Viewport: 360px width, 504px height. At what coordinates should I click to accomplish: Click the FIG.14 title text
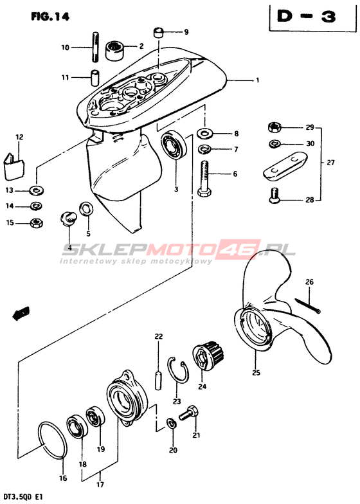point(50,17)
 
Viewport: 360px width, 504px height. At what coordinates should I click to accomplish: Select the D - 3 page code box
point(312,17)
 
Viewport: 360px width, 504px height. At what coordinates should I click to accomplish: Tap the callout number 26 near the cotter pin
point(309,282)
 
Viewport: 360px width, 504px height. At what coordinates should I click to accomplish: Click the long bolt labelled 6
point(204,179)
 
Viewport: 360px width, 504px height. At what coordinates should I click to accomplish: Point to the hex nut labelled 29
point(274,127)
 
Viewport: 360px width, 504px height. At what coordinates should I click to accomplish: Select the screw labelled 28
point(274,195)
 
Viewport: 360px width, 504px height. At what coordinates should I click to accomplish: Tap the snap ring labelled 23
point(178,370)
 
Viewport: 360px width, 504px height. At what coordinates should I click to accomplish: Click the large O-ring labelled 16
point(53,440)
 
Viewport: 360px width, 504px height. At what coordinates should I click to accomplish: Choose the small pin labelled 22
point(158,381)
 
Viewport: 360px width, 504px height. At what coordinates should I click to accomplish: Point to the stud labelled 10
point(95,47)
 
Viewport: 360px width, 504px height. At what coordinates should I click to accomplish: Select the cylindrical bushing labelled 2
point(114,51)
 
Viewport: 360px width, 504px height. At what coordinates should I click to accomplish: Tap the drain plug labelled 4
point(68,219)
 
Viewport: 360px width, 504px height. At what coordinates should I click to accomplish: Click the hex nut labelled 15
point(36,222)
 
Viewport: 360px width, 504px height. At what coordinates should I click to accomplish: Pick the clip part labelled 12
point(14,166)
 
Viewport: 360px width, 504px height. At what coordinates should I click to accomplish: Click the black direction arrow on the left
point(21,312)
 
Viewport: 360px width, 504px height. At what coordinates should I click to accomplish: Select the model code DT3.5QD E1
point(22,497)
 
